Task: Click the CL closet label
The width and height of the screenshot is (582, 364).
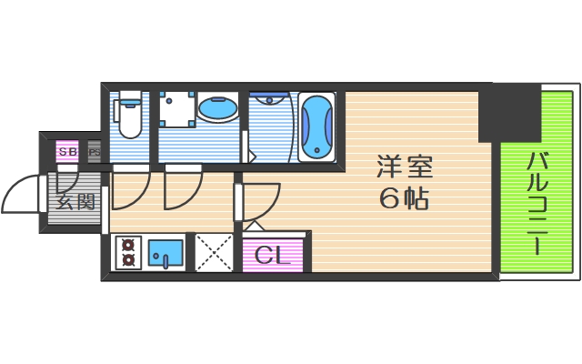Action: (273, 255)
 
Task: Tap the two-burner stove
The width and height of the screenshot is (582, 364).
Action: (127, 252)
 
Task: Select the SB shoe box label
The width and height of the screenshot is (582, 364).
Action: (67, 151)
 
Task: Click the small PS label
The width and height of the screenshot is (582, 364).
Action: (93, 151)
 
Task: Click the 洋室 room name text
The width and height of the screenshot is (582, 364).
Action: (405, 168)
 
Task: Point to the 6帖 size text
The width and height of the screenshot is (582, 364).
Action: (405, 197)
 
